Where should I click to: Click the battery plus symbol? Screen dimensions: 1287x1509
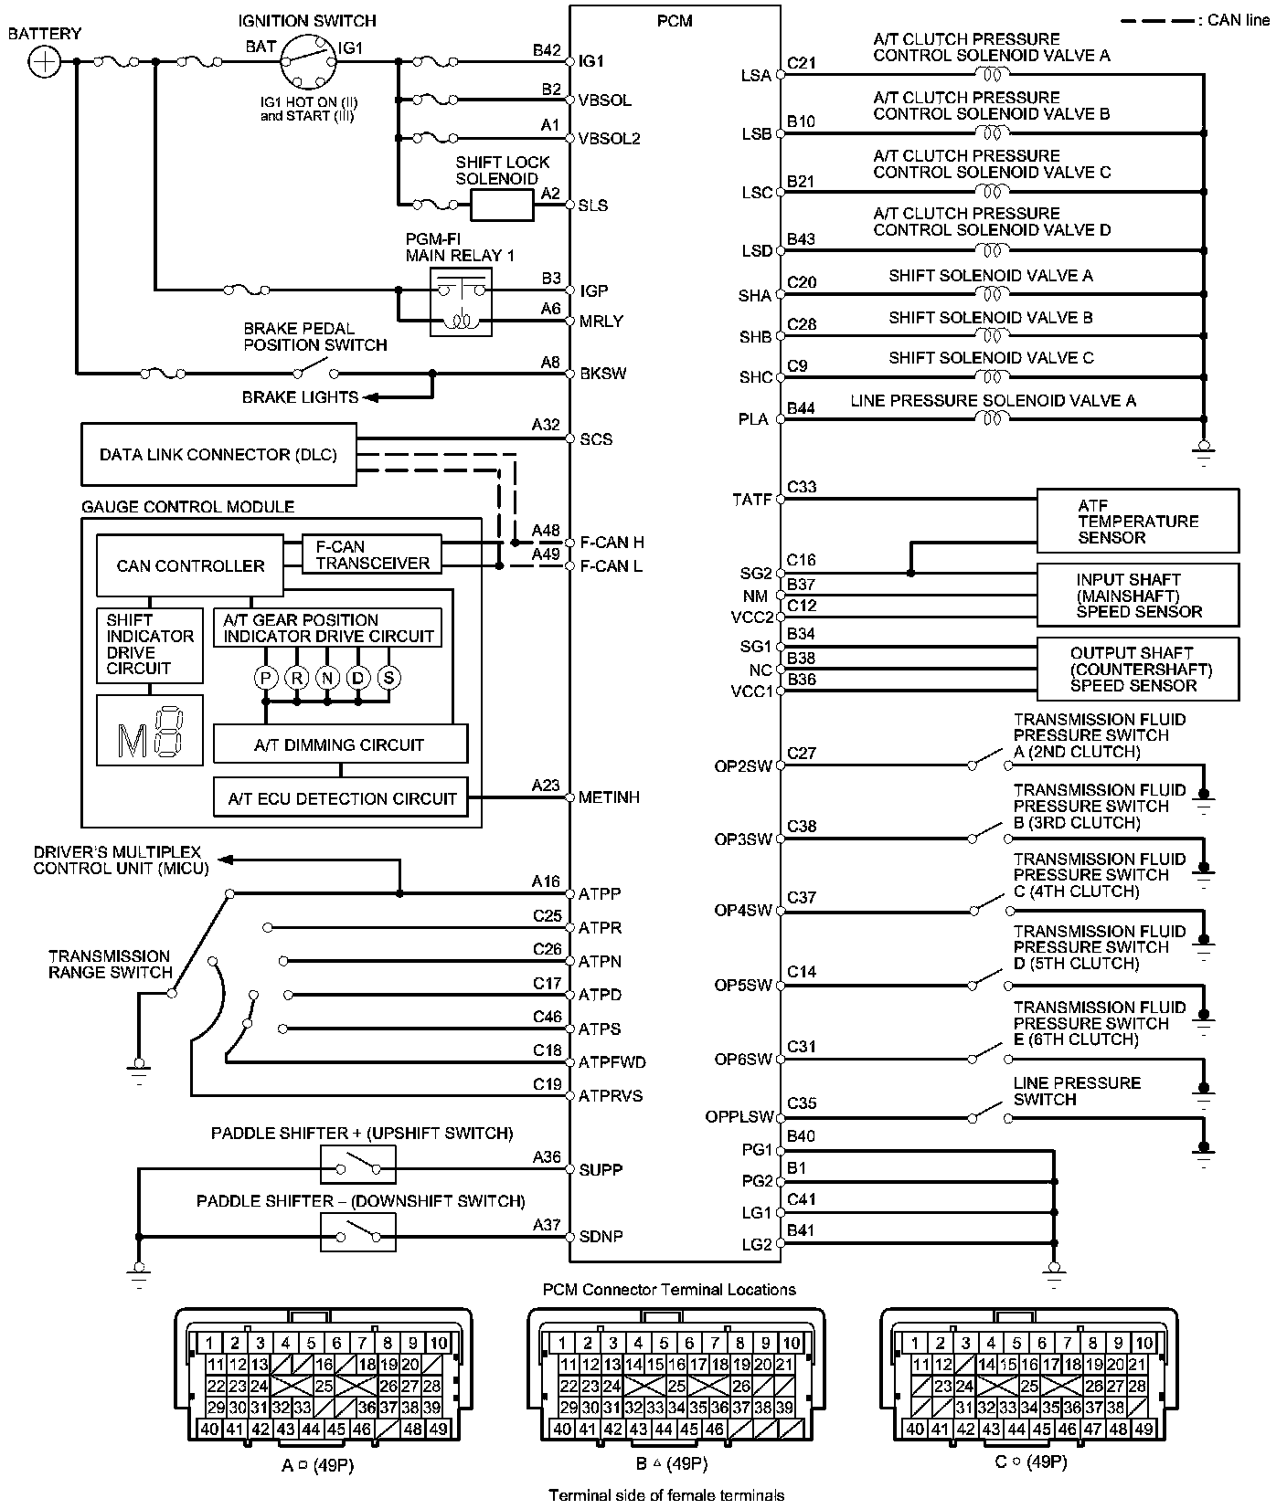coord(44,62)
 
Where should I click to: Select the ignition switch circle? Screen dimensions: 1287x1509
coord(307,61)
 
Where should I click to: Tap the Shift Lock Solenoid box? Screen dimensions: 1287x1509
coord(502,206)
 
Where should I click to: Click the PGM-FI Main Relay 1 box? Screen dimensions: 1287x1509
coord(461,302)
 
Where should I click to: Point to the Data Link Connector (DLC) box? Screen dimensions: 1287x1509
coord(218,454)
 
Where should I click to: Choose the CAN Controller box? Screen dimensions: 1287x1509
coord(190,566)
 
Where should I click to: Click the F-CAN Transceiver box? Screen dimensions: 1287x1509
coord(372,554)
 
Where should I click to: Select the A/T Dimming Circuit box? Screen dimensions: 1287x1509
coord(340,744)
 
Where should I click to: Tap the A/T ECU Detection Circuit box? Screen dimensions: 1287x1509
coord(341,797)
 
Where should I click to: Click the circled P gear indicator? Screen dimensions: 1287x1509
coord(266,678)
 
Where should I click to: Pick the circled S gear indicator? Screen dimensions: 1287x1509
coord(388,678)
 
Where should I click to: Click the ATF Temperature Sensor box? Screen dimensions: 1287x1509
coord(1138,521)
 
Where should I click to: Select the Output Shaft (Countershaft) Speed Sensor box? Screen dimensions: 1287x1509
coord(1138,670)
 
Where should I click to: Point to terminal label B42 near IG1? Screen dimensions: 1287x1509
coord(547,51)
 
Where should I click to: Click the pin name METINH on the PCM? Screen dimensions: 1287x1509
coord(609,798)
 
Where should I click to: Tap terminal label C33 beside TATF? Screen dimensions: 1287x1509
coord(802,488)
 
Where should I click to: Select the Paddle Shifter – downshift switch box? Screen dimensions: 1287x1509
coord(358,1232)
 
